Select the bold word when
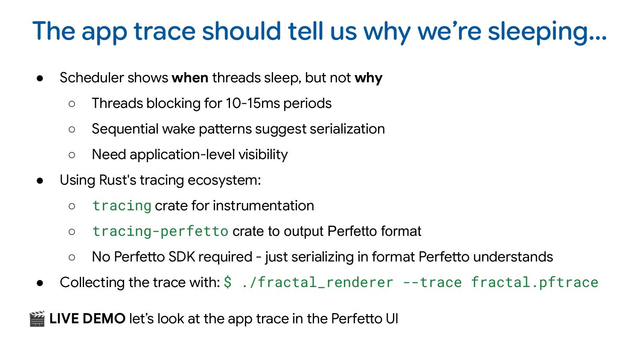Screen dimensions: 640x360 (x=190, y=78)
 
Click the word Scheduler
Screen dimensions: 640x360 (x=92, y=78)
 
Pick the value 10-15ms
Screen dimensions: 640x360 (x=253, y=103)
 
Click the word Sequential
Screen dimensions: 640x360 (x=125, y=129)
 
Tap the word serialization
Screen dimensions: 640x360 (x=347, y=129)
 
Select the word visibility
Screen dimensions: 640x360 (x=263, y=155)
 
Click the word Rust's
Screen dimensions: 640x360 (x=117, y=180)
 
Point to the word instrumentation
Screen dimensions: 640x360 (x=263, y=206)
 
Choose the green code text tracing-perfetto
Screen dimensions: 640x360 (x=160, y=232)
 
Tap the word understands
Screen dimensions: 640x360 (x=513, y=257)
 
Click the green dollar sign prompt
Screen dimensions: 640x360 (x=227, y=282)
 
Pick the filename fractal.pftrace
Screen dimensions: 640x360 (x=534, y=282)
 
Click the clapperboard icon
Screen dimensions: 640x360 (x=37, y=319)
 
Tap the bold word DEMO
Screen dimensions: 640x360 (x=104, y=319)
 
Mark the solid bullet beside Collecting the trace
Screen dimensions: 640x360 (x=40, y=283)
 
